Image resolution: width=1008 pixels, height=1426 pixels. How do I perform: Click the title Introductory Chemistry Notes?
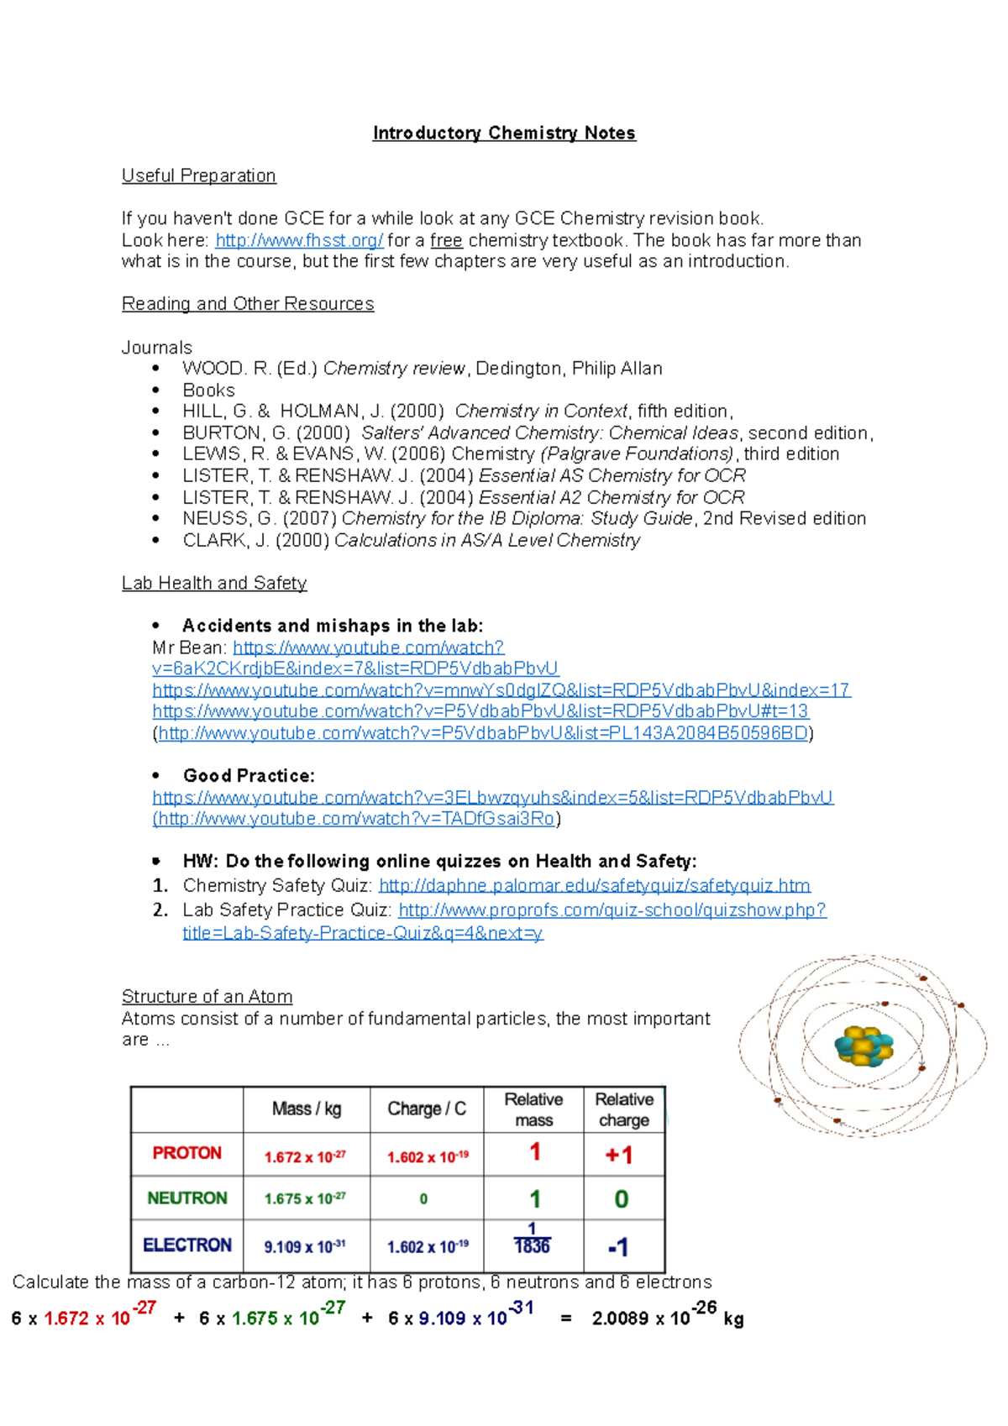point(504,133)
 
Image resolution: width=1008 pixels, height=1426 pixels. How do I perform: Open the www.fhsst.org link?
point(299,240)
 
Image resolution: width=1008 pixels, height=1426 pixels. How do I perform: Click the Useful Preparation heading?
point(198,176)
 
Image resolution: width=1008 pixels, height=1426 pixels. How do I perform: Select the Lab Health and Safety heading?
point(214,583)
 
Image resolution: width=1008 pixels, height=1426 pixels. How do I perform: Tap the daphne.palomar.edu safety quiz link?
point(594,885)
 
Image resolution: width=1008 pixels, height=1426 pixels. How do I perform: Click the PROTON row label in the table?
point(186,1153)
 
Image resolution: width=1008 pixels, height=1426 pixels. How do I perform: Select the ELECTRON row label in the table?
point(186,1245)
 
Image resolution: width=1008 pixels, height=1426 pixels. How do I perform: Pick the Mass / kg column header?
point(306,1109)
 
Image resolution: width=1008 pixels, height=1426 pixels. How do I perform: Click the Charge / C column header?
point(426,1109)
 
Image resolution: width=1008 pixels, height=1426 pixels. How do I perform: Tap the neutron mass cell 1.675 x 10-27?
point(305,1198)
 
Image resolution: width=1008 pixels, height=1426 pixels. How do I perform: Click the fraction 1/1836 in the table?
point(532,1240)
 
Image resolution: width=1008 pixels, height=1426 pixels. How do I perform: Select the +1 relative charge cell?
point(619,1156)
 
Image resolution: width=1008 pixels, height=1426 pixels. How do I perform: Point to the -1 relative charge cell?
point(618,1247)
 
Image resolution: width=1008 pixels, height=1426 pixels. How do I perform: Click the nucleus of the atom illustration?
point(864,1046)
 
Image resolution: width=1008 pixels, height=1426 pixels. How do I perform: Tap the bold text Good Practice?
point(249,775)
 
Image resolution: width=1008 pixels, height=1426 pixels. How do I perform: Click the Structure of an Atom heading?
point(207,996)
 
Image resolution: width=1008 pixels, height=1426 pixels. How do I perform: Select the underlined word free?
point(446,240)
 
